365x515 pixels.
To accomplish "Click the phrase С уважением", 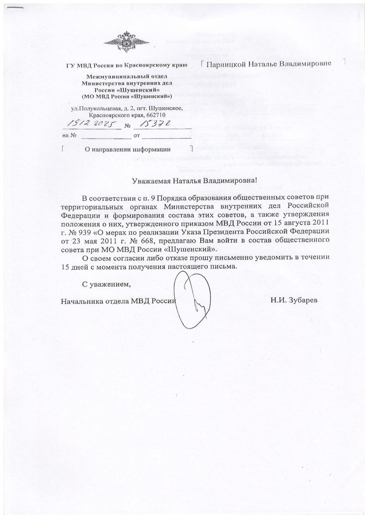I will click(106, 285).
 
